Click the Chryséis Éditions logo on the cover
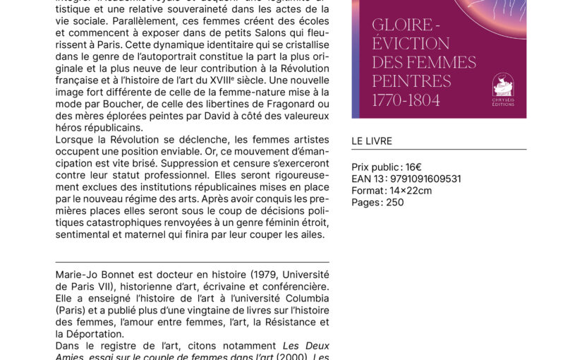click(503, 88)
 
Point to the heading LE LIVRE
click(371, 141)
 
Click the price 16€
click(413, 167)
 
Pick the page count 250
click(395, 202)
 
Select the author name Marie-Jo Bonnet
click(96, 274)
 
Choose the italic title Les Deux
click(306, 346)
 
